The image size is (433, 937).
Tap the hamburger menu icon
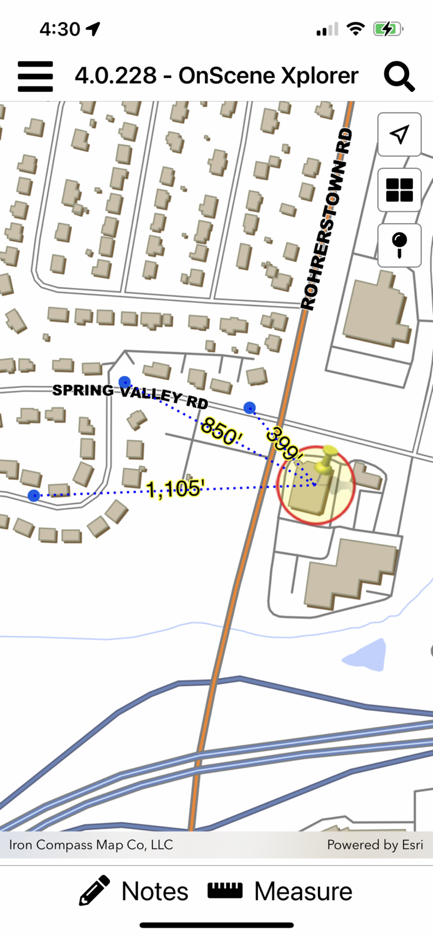[35, 76]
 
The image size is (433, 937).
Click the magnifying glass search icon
[399, 76]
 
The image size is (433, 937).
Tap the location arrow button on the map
[399, 134]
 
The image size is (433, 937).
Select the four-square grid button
[399, 190]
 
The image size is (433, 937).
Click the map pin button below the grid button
[399, 245]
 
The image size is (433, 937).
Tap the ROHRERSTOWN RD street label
[327, 219]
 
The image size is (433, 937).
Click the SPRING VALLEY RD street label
[129, 395]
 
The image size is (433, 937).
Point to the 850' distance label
[219, 431]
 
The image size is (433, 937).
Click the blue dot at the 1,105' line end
[34, 495]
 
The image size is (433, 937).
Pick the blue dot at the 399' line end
[249, 408]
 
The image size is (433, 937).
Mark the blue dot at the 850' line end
[124, 381]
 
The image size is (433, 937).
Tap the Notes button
[134, 891]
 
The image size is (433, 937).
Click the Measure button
[280, 891]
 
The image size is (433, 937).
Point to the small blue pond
[364, 655]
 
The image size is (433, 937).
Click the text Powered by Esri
[375, 845]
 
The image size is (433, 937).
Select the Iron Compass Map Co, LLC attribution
[91, 845]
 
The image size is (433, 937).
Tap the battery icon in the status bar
[387, 29]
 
